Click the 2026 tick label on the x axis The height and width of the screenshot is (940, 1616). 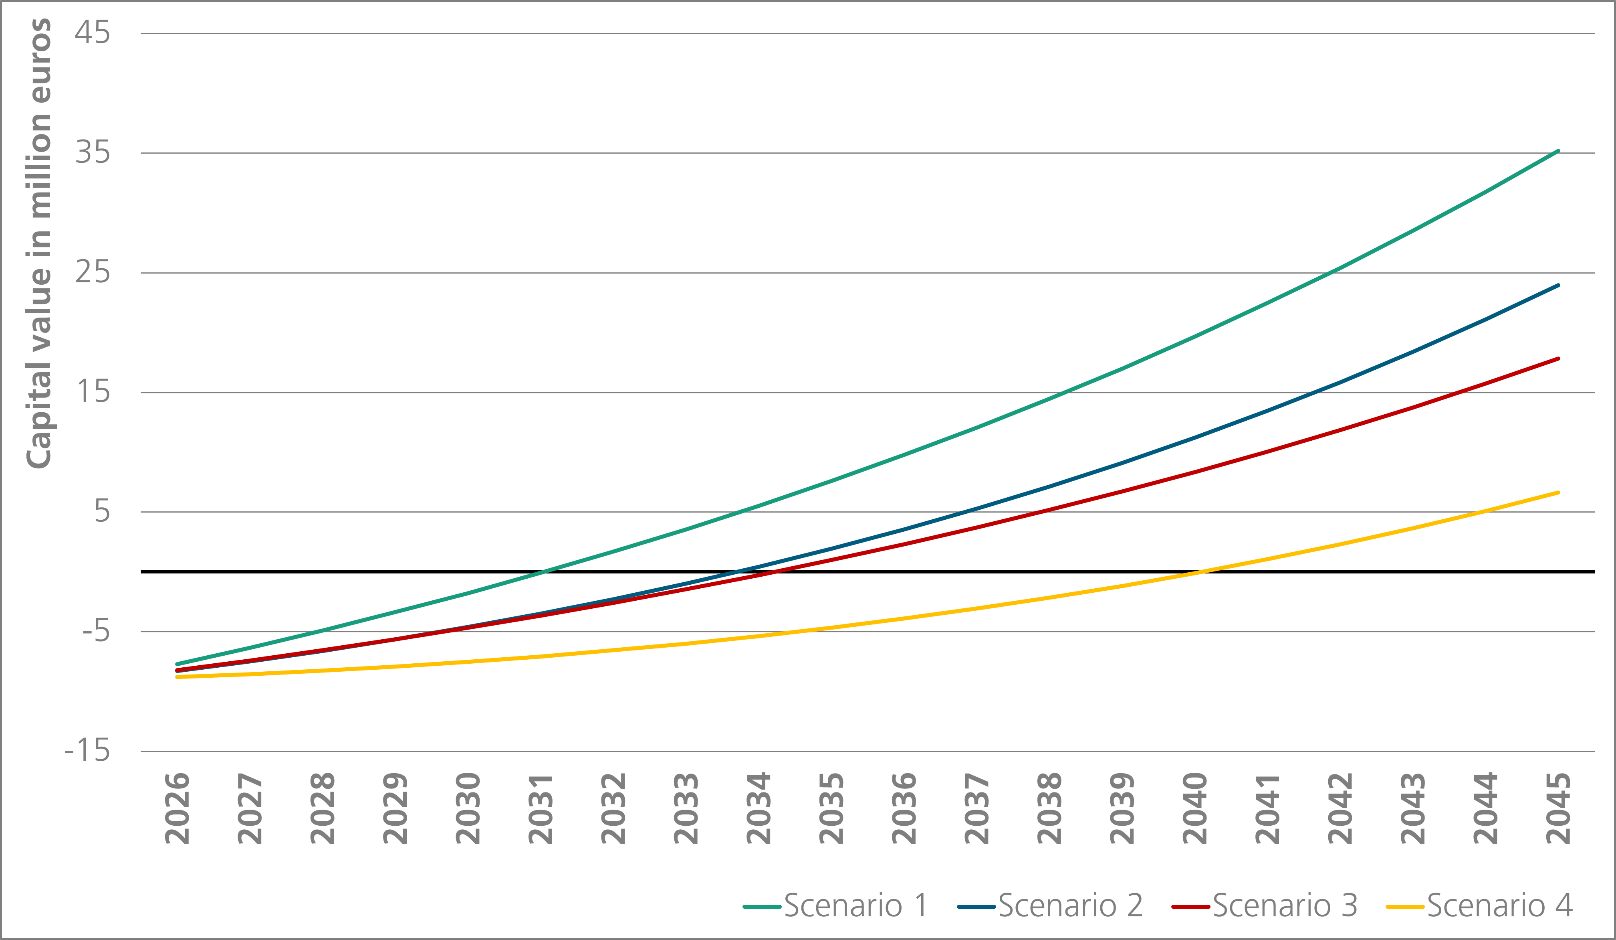tap(177, 808)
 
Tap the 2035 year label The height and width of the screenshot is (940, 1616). tap(831, 808)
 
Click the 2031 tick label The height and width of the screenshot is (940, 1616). tap(541, 808)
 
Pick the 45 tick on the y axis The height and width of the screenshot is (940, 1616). tap(92, 33)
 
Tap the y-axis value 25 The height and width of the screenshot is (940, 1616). tap(92, 273)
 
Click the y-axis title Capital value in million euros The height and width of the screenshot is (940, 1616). tap(38, 244)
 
